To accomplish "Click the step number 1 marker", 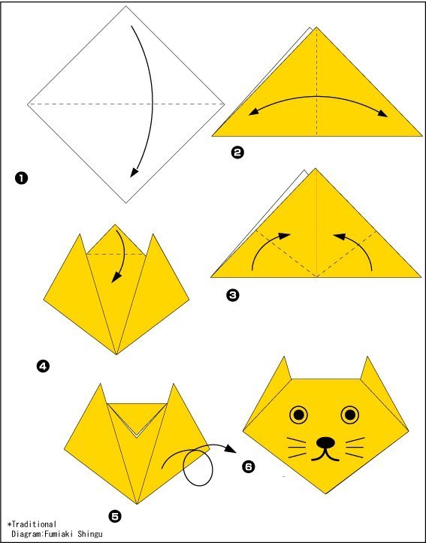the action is coord(21,179).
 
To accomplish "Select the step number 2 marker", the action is coord(237,152).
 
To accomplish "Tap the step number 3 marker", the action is coord(232,295).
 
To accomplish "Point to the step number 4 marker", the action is coord(43,367).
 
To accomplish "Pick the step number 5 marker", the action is coord(115,517).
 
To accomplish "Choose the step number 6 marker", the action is coord(249,467).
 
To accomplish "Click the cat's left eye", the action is coord(299,415).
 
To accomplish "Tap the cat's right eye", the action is coord(350,415).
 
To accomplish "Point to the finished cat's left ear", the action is coord(284,370).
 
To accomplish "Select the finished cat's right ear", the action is coord(369,370).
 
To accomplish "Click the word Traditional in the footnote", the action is coord(33,524).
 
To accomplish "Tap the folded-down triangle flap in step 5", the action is coord(137,417).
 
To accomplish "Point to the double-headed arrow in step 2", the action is coord(318,96).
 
